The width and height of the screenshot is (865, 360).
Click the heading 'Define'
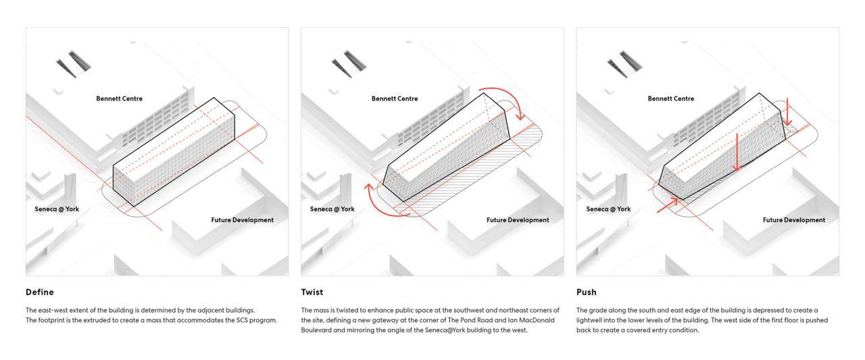tap(39, 292)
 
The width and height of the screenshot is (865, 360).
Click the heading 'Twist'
tap(312, 292)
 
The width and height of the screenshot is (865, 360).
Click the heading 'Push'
tap(586, 292)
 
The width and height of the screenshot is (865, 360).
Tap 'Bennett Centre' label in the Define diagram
tap(119, 99)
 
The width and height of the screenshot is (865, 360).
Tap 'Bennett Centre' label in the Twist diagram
tap(395, 99)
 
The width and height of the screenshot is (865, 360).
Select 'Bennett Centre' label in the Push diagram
tap(670, 99)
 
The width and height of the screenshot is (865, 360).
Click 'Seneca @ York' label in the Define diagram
tap(57, 209)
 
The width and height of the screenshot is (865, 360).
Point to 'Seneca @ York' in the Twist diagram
tap(332, 209)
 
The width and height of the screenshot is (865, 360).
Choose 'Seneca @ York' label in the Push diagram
tap(608, 209)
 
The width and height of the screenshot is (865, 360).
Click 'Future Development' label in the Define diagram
tap(243, 220)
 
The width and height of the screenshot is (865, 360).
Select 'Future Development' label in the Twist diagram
tap(518, 220)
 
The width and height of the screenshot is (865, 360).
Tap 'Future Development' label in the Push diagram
tap(794, 220)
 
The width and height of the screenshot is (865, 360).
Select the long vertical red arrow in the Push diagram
tap(737, 152)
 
